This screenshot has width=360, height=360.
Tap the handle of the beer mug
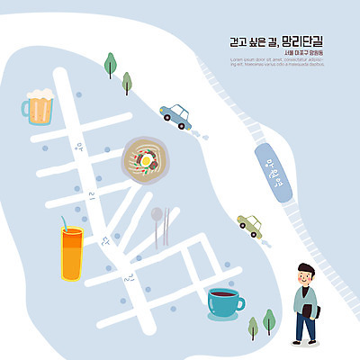pos(26,110)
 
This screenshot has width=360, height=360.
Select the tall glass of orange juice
pos(71,254)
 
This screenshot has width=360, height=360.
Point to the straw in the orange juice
pos(63,222)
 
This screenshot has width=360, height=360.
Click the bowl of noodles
pos(147,159)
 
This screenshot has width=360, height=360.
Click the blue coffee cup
pos(222,302)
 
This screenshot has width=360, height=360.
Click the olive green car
pos(250,224)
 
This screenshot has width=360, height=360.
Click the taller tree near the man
pos(268,319)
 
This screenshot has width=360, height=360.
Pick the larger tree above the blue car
pos(111,64)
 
